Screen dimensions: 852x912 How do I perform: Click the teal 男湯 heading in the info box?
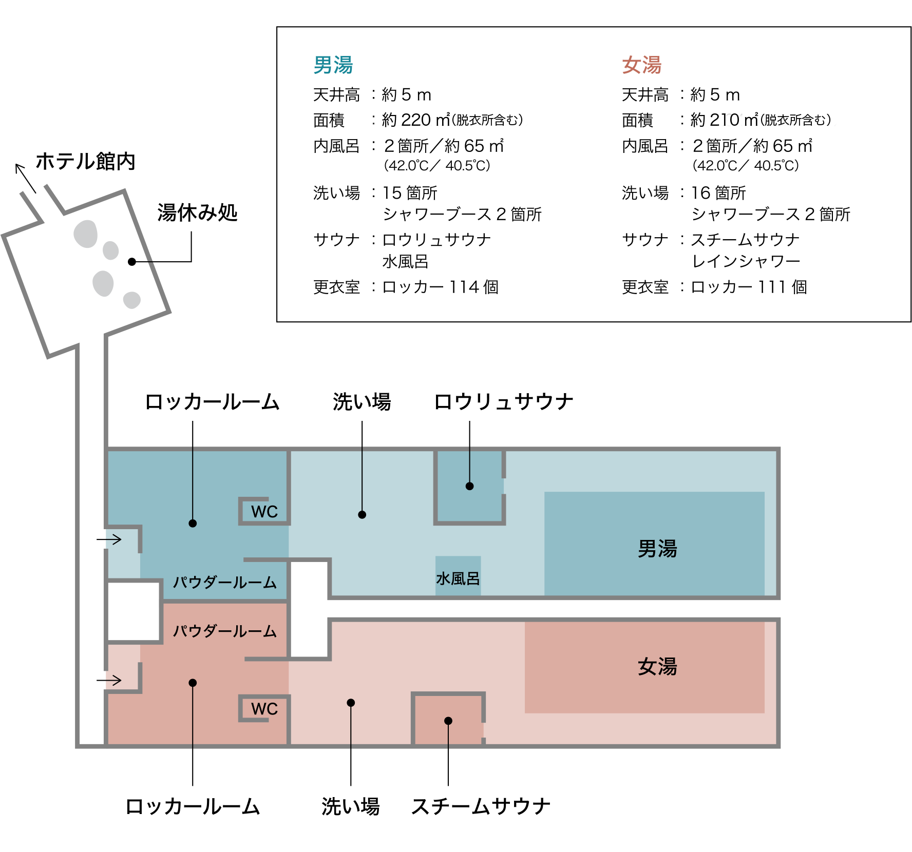(x=333, y=65)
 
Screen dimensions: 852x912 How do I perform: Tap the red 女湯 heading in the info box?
(x=641, y=65)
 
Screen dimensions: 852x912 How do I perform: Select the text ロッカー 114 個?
(x=440, y=287)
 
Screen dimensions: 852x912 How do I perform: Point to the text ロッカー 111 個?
(x=749, y=287)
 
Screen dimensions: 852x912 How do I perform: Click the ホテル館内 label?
(x=85, y=161)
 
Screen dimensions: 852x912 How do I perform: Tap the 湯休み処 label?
(x=197, y=212)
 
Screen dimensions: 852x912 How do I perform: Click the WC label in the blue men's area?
(x=264, y=512)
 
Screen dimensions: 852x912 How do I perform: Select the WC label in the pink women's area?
(x=264, y=709)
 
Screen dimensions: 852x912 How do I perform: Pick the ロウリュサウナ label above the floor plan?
(x=503, y=401)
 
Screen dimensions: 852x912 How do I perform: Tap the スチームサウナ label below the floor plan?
(x=481, y=806)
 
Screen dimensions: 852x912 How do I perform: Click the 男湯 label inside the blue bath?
(x=657, y=549)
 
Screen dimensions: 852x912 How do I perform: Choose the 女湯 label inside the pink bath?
(x=657, y=667)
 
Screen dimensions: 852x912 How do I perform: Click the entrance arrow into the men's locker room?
(x=109, y=539)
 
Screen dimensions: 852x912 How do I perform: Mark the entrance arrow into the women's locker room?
(x=109, y=681)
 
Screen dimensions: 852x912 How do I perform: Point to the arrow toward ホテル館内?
(x=25, y=177)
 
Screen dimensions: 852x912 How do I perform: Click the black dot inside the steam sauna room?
(x=448, y=721)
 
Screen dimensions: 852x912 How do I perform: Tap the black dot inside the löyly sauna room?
(x=469, y=486)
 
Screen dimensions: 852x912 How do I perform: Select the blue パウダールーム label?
(x=224, y=583)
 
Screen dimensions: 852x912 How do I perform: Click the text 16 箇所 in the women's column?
(x=718, y=193)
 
